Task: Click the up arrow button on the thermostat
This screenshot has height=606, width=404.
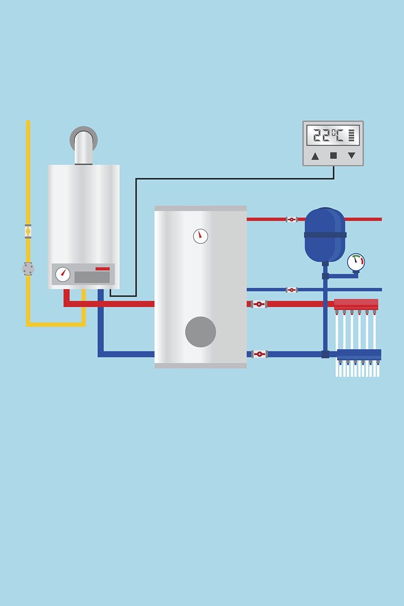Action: [x=315, y=156]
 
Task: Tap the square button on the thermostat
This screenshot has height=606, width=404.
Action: [x=334, y=156]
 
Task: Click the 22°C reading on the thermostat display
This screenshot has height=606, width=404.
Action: [x=328, y=135]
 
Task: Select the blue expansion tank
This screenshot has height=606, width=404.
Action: [x=325, y=235]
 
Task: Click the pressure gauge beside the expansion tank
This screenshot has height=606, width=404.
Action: [x=356, y=262]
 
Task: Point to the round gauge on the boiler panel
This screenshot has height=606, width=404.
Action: [x=63, y=274]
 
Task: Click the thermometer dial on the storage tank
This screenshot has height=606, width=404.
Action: [x=201, y=236]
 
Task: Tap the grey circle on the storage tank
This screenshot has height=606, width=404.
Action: [x=201, y=332]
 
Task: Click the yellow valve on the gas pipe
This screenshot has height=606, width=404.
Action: [x=28, y=231]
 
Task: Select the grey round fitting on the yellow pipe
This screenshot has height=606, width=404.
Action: [x=28, y=268]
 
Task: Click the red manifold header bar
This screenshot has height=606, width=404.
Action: [x=356, y=304]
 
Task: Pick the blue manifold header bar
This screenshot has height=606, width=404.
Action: [x=359, y=355]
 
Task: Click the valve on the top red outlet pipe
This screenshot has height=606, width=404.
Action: [x=291, y=220]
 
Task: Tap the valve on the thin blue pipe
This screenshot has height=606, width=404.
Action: [x=291, y=290]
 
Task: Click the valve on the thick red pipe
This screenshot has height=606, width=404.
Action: [x=259, y=304]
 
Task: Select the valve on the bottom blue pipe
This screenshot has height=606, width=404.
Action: [x=259, y=354]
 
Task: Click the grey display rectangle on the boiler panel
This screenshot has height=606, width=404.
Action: [x=92, y=277]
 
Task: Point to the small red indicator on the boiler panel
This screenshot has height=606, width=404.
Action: [x=102, y=268]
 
